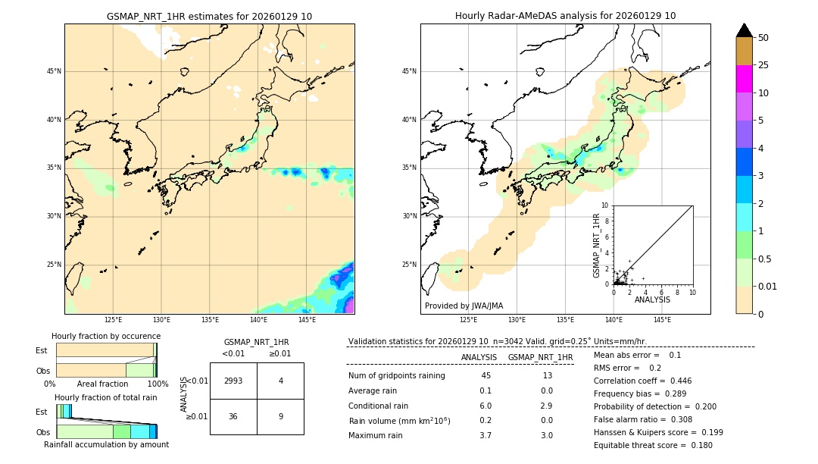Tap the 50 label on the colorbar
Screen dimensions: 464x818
[763, 38]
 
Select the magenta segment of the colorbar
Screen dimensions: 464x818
[744, 79]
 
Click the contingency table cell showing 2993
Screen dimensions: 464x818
[233, 381]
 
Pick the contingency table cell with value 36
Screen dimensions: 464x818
[233, 416]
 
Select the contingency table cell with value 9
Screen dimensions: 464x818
[280, 416]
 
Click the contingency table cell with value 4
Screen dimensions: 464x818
[280, 381]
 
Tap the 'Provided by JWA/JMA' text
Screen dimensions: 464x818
[464, 306]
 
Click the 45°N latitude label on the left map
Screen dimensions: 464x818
[54, 71]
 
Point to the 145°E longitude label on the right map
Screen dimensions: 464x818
[662, 320]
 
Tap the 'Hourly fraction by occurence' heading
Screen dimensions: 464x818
[106, 336]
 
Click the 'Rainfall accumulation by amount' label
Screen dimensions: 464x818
[106, 444]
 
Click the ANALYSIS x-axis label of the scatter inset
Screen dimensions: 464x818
[652, 299]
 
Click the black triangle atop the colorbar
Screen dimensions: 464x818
[744, 30]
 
